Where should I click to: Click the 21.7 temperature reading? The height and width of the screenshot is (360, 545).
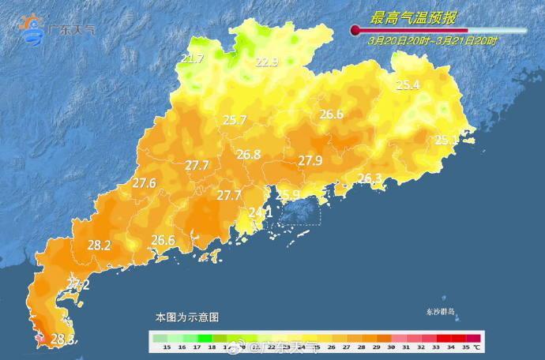pyautogui.click(x=192, y=58)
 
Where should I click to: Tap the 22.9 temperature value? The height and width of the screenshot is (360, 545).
pyautogui.click(x=266, y=62)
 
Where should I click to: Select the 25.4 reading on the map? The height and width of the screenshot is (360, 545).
pyautogui.click(x=408, y=85)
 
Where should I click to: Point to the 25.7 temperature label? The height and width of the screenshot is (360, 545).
pyautogui.click(x=235, y=120)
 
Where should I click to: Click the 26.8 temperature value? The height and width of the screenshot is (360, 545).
pyautogui.click(x=249, y=155)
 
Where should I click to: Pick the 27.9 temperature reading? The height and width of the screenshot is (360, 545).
pyautogui.click(x=310, y=161)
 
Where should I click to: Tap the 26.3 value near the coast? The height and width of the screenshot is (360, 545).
pyautogui.click(x=370, y=178)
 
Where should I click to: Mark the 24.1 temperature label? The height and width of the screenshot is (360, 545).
pyautogui.click(x=261, y=212)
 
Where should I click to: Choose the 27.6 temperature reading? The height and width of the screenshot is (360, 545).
pyautogui.click(x=144, y=183)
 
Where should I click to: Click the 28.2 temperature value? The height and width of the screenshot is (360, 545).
pyautogui.click(x=99, y=246)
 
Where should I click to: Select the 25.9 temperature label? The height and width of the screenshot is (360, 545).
pyautogui.click(x=288, y=195)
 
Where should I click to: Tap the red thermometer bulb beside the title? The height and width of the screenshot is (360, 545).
pyautogui.click(x=355, y=31)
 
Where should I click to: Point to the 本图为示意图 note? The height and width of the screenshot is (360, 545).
pyautogui.click(x=187, y=317)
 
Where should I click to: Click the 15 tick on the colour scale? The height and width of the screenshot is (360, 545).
pyautogui.click(x=167, y=347)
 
